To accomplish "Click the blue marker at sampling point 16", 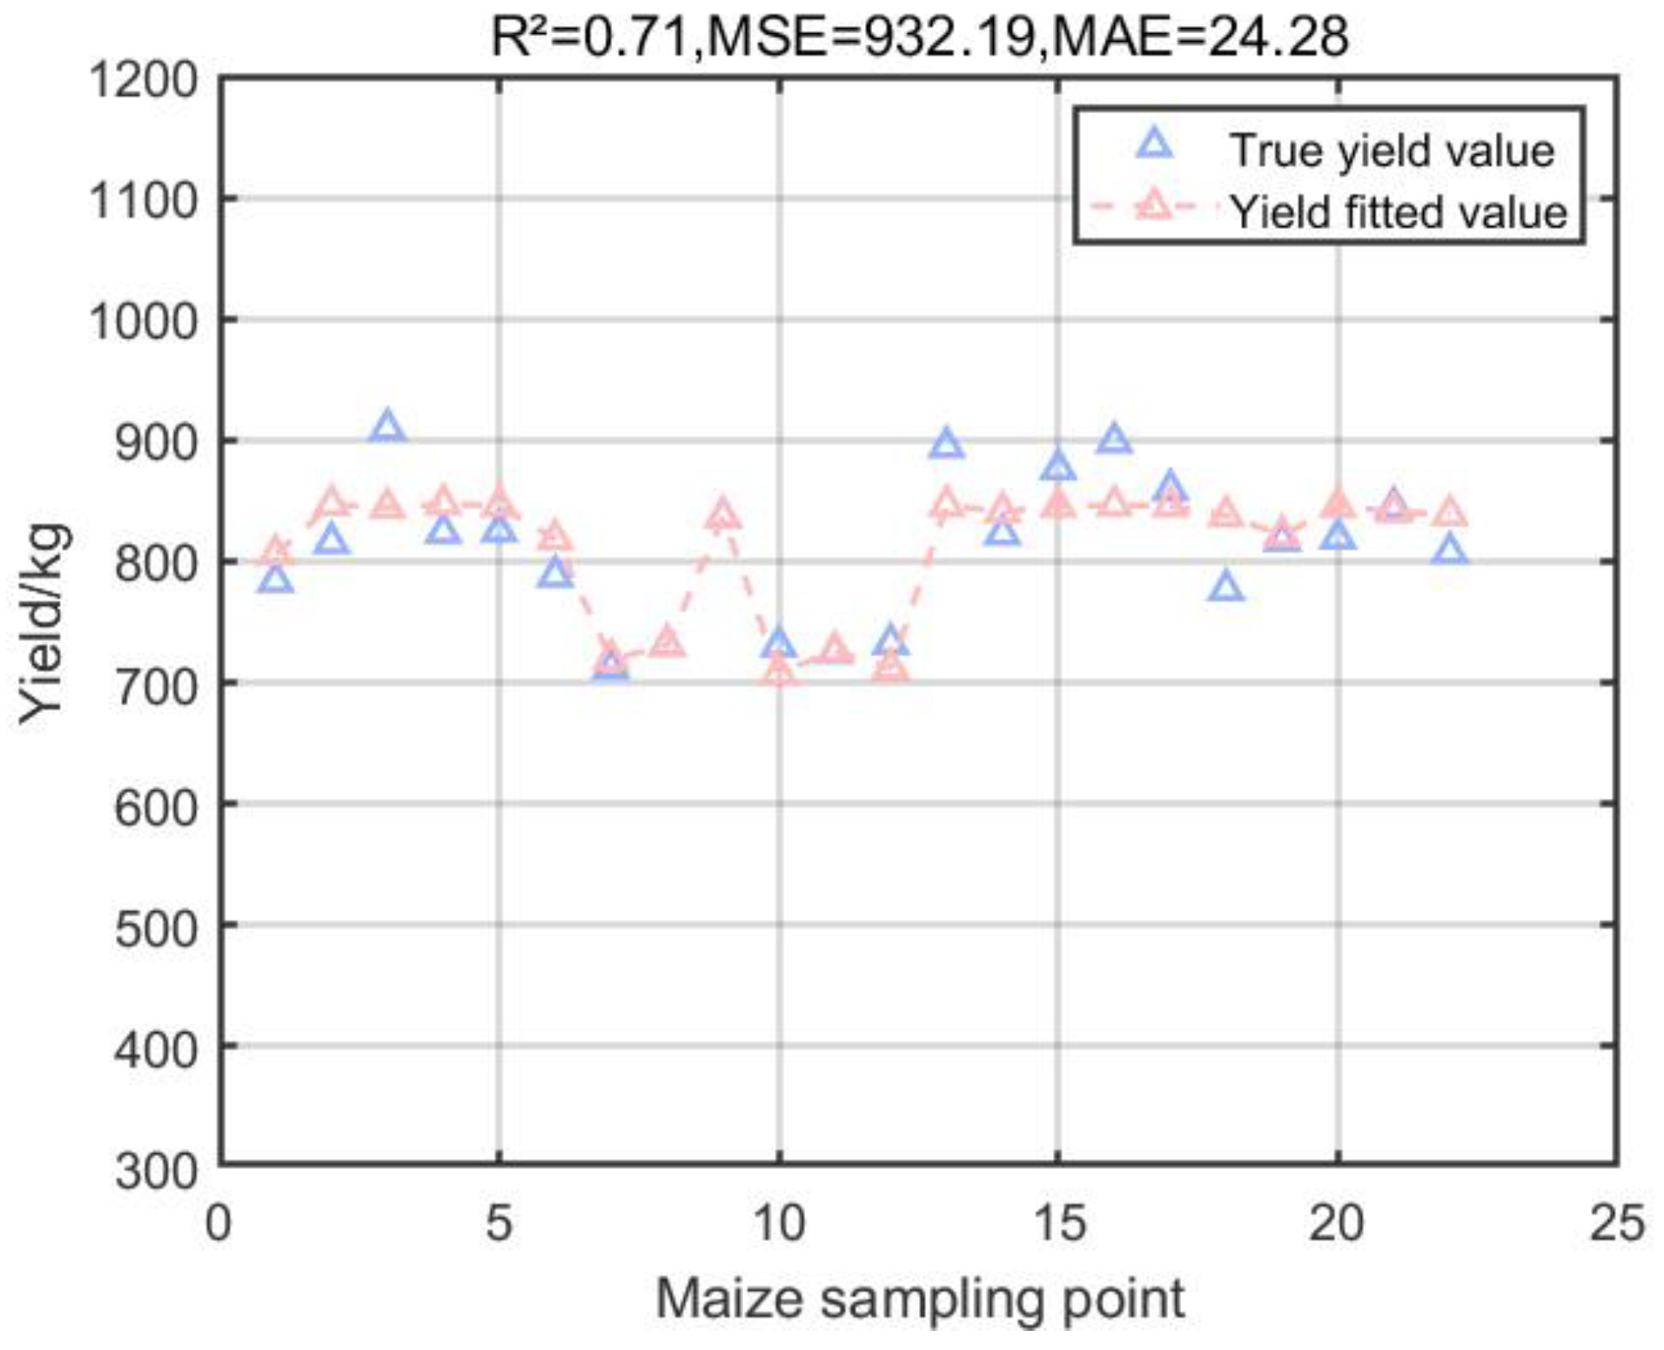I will [1114, 440].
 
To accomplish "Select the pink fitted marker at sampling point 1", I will [276, 552].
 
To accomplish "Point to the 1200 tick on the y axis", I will [144, 81].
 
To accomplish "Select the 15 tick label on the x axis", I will [1059, 1223].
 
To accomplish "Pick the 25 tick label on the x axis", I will [1617, 1223].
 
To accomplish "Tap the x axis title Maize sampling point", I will [919, 1300].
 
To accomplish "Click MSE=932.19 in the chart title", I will [869, 37].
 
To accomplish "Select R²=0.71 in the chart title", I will [590, 37].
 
